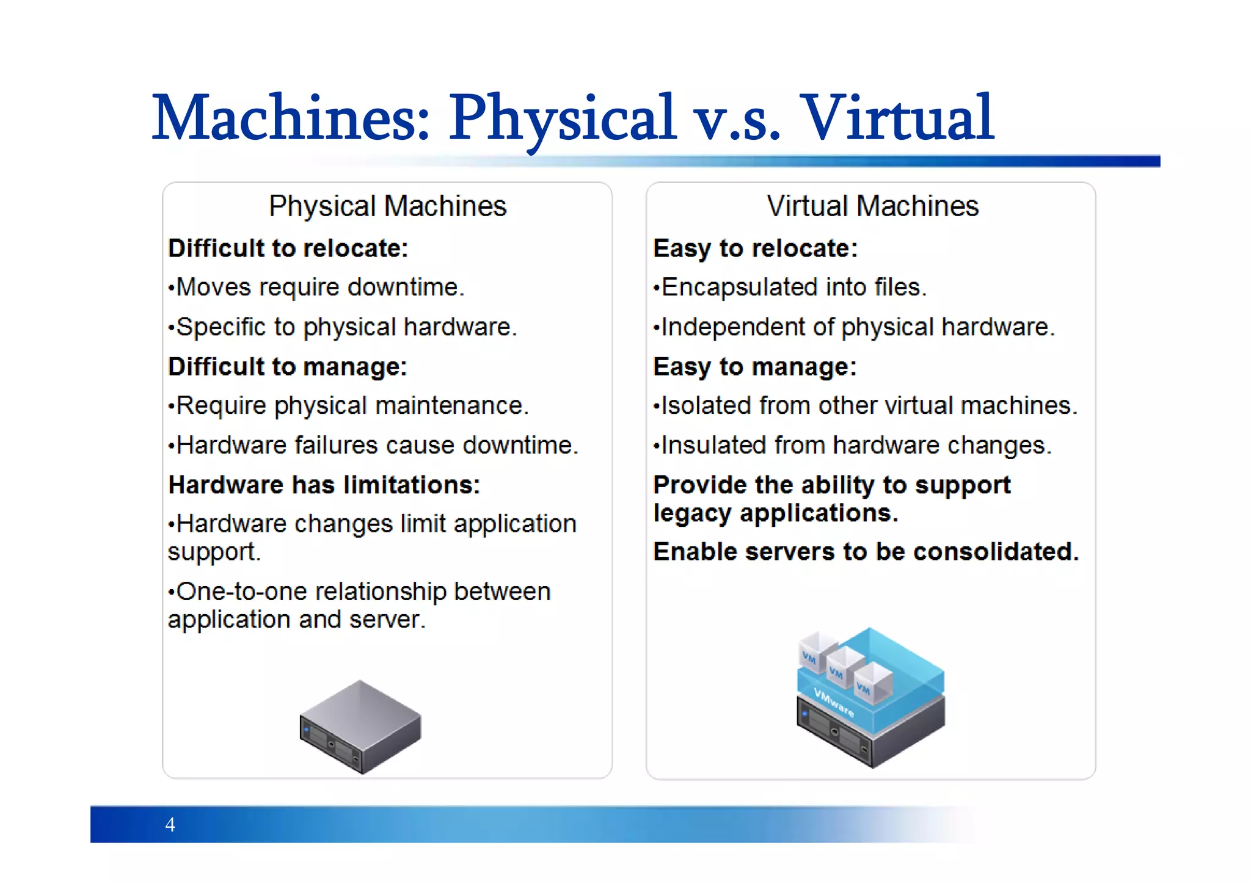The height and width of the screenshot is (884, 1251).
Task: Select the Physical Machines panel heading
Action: click(x=387, y=206)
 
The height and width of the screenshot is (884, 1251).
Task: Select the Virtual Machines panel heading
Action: click(x=872, y=206)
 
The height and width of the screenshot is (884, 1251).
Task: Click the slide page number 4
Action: click(x=170, y=825)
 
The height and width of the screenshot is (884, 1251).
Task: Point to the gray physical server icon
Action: click(x=360, y=726)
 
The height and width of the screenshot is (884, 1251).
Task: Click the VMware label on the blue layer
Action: click(x=834, y=703)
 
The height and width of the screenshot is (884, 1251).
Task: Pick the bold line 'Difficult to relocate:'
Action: click(x=288, y=248)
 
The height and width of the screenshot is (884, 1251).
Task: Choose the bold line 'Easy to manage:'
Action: click(x=755, y=367)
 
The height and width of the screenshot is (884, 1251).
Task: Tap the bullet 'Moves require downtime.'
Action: click(x=316, y=288)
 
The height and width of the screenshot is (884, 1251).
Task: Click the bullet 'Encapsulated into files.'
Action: click(x=790, y=288)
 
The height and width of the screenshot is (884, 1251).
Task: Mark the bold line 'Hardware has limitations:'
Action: click(x=324, y=485)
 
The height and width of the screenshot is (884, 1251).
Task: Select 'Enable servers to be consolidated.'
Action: click(x=866, y=552)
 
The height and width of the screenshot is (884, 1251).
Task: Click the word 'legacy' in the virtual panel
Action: click(x=691, y=514)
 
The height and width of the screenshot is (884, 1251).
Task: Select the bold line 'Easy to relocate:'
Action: click(x=756, y=248)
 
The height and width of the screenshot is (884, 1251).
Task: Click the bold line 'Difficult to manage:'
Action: click(x=288, y=367)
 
